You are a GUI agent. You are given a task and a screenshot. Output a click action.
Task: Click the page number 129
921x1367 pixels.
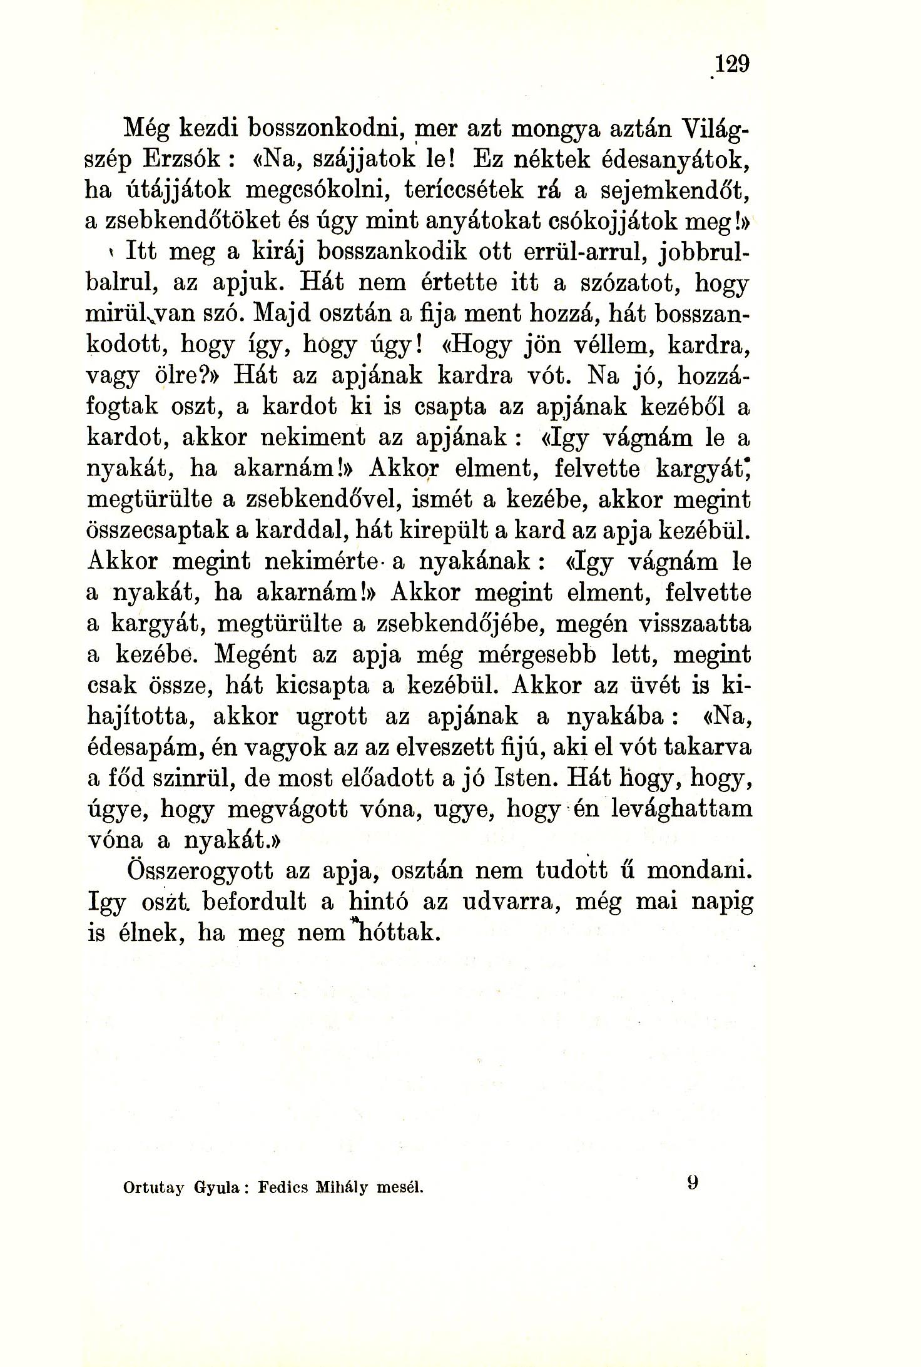tap(733, 64)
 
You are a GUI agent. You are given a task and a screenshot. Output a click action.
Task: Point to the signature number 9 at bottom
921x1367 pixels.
tap(692, 1182)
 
